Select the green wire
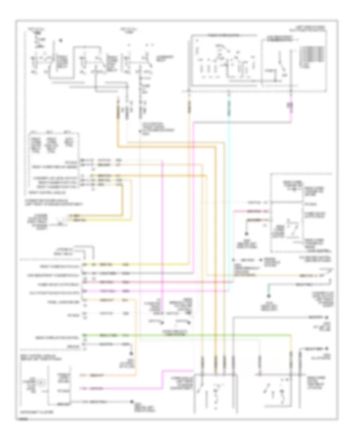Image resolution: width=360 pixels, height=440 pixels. (180, 334)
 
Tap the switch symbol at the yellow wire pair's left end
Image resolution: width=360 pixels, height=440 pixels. (61, 218)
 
